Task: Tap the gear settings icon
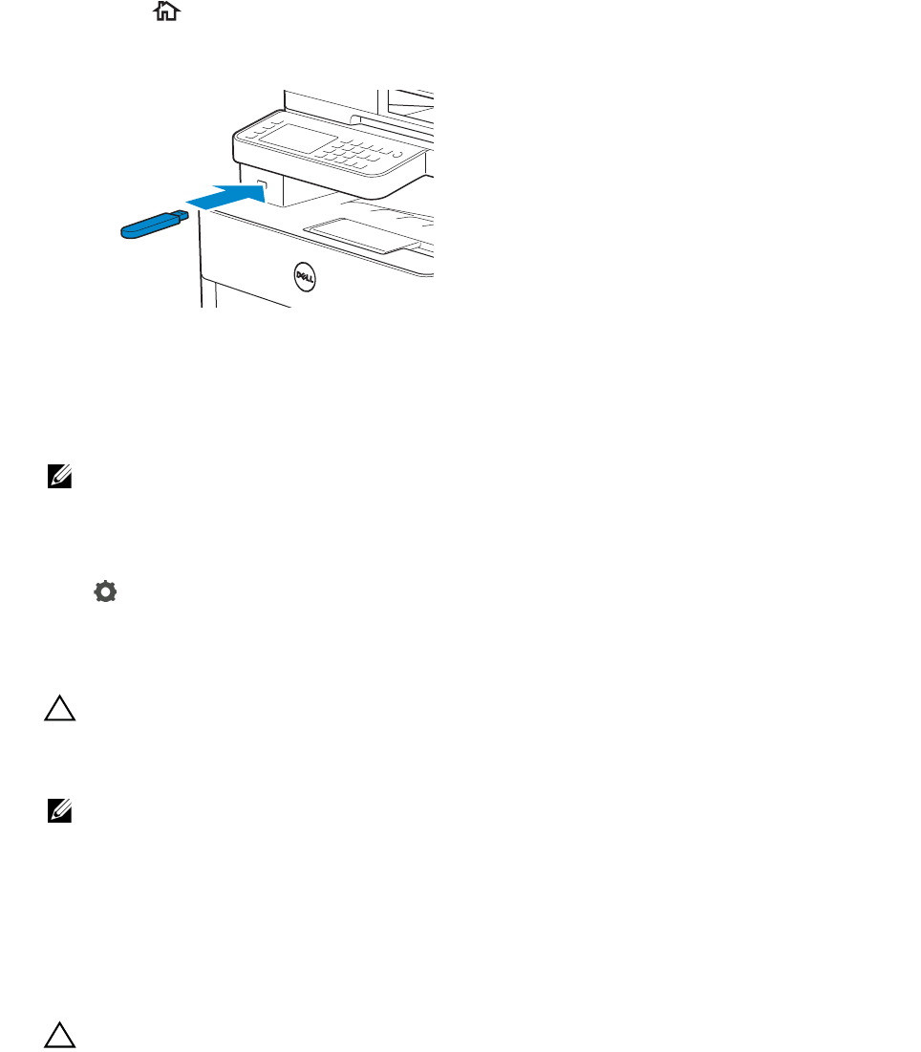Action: tap(104, 592)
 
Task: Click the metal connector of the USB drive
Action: tap(182, 215)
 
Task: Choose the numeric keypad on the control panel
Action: tap(350, 153)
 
